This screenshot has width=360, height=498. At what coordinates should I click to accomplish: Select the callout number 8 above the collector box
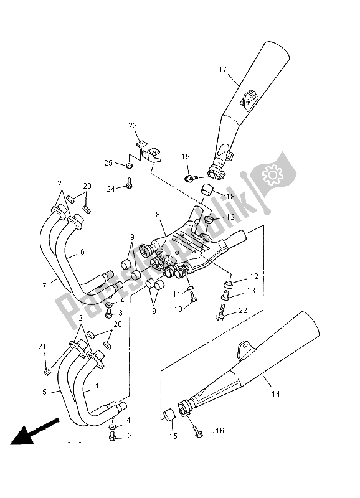click(x=158, y=214)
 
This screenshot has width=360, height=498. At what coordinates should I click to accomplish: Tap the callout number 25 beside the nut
click(x=108, y=163)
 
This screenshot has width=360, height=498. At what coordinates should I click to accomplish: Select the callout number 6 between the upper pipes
click(x=81, y=253)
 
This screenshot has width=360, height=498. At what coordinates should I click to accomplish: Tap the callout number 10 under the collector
click(x=177, y=309)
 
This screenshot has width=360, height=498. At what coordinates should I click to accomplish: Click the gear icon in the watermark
click(x=273, y=176)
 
